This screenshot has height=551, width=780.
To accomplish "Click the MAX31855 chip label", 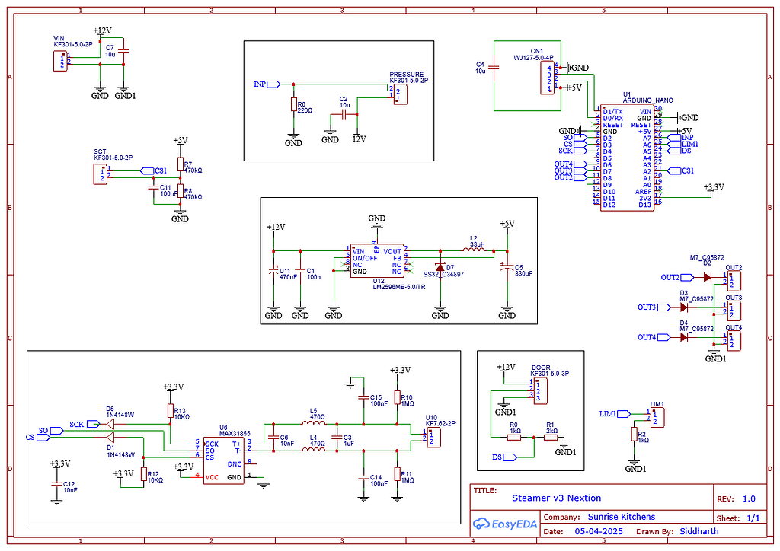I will tap(235, 433).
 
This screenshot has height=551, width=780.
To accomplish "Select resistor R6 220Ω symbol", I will tap(293, 104).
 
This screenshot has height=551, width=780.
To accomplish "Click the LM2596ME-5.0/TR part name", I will tap(400, 287).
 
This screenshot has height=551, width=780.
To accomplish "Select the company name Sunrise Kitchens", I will tap(621, 517).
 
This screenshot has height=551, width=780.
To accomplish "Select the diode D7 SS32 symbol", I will tap(440, 267).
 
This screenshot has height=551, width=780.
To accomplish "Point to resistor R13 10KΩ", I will tap(169, 411).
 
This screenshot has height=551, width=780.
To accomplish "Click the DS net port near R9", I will tap(508, 457).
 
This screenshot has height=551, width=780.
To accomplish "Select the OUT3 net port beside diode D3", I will tap(648, 307).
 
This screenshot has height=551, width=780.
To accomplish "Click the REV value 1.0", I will tap(748, 499).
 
